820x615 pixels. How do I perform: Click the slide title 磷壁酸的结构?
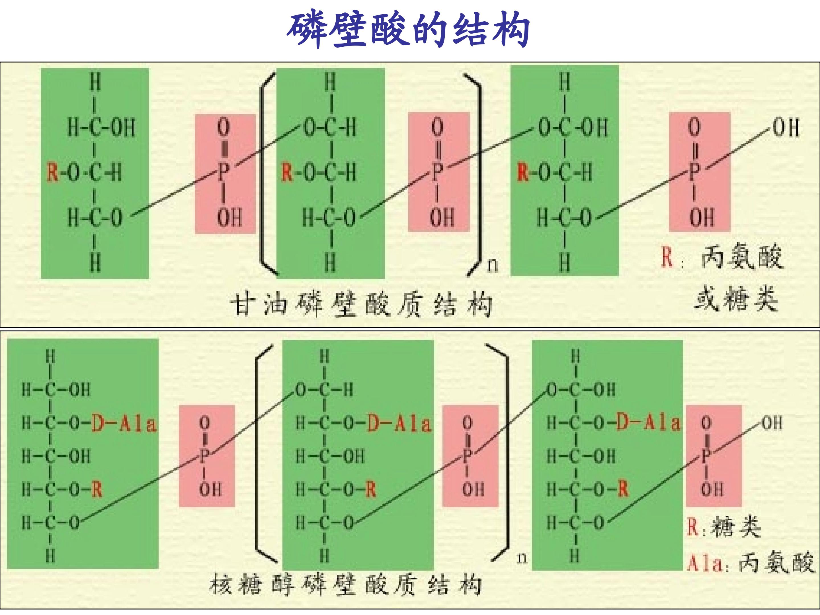point(408,30)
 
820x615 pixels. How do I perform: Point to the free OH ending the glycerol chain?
point(786,128)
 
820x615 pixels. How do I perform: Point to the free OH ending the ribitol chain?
point(772,423)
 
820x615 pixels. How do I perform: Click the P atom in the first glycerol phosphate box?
point(224,172)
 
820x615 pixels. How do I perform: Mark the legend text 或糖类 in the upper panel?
point(736,298)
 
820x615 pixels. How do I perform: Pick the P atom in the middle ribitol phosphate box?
point(467,455)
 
